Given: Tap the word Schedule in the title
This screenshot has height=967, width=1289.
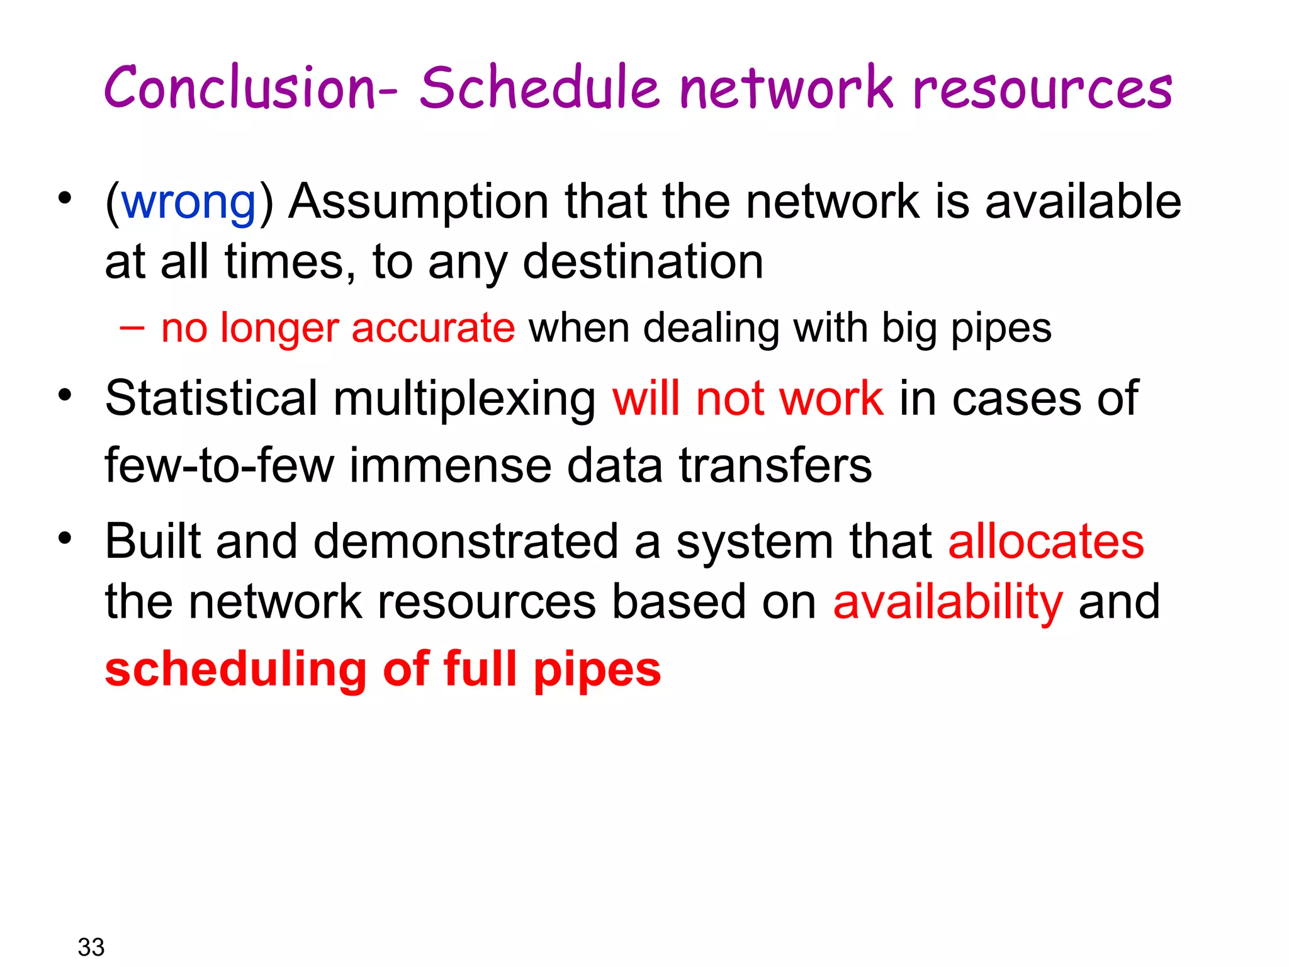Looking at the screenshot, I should pyautogui.click(x=539, y=88).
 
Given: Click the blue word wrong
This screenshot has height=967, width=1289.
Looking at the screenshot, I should pyautogui.click(x=188, y=203).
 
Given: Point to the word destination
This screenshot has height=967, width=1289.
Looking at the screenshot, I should pyautogui.click(x=643, y=263).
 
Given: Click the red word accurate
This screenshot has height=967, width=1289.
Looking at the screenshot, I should pyautogui.click(x=433, y=329).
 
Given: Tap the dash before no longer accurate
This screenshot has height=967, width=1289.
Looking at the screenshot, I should pyautogui.click(x=132, y=327).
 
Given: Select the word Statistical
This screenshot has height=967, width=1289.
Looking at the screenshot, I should pyautogui.click(x=211, y=399).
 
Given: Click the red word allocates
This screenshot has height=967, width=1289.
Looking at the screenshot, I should pyautogui.click(x=1045, y=542).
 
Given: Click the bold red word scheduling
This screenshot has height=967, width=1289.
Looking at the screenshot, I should pyautogui.click(x=236, y=670).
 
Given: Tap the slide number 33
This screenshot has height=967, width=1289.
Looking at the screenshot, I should pyautogui.click(x=91, y=947).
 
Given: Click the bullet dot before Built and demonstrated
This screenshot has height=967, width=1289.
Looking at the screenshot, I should pyautogui.click(x=64, y=539).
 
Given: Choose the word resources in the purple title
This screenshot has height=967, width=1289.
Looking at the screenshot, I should pyautogui.click(x=1042, y=88).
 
